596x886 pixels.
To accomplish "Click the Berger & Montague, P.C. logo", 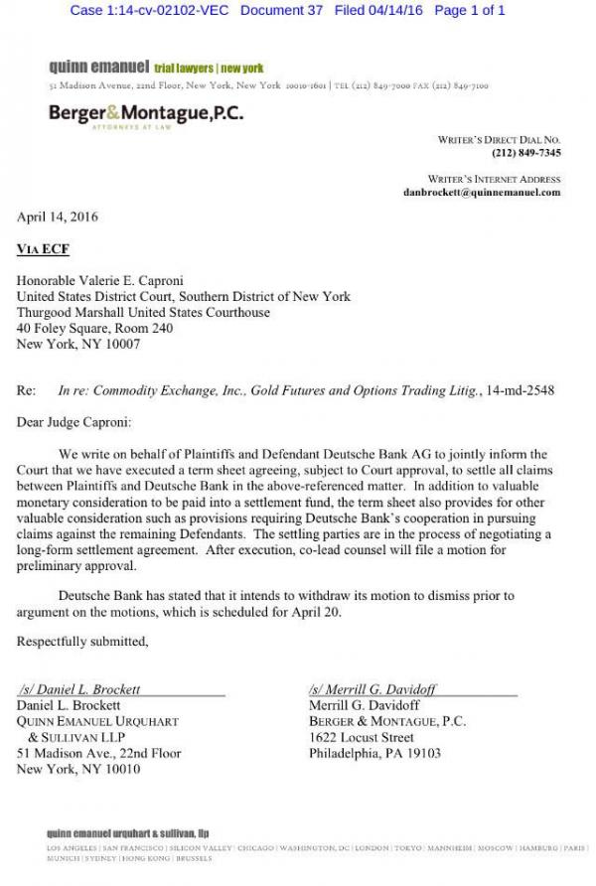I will pos(145,114).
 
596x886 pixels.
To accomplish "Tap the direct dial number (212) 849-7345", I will pos(525,153).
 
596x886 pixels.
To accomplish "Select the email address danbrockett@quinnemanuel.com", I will pos(482,192).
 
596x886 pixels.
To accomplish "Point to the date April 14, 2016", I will pos(57,217).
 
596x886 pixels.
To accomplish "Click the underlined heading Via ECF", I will pos(43,249).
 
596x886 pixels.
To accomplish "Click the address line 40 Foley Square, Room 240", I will pos(94,329).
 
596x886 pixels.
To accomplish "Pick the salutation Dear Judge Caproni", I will pos(74,423).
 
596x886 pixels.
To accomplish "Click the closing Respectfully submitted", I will pos(82,642).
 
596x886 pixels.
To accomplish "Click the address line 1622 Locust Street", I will pos(361,738).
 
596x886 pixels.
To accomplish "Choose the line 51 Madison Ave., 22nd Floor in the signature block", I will pos(98,754).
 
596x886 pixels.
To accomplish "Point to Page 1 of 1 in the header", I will pos(470,10).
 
